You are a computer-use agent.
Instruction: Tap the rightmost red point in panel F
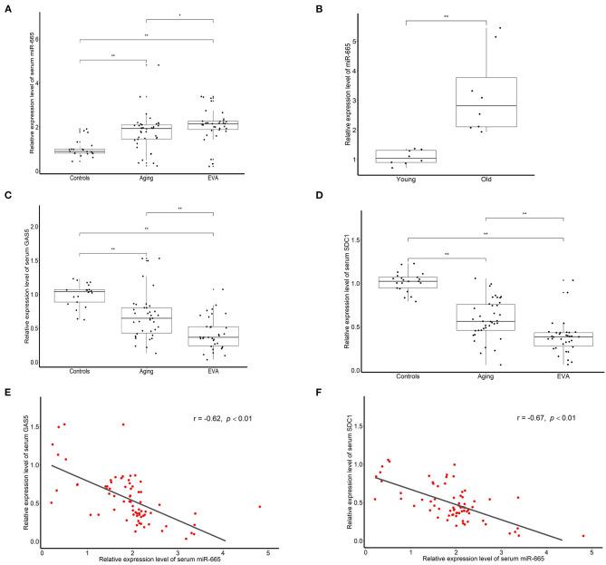(x=583, y=535)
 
